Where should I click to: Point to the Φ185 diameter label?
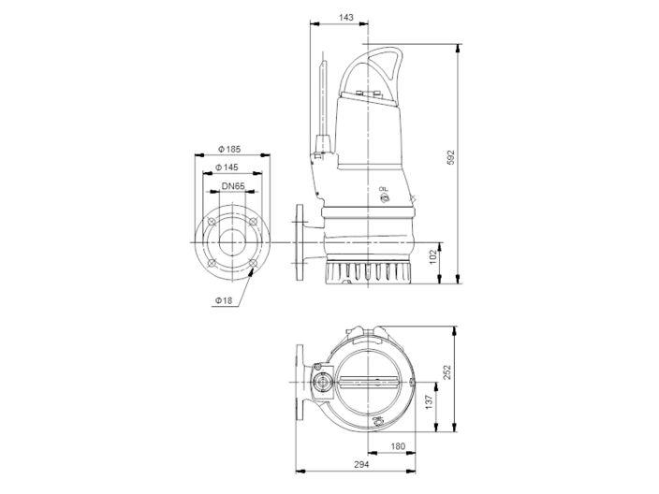click(228, 149)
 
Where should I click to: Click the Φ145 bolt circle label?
click(228, 167)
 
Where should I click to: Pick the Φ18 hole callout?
click(222, 299)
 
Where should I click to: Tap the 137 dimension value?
click(430, 401)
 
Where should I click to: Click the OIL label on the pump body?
click(383, 190)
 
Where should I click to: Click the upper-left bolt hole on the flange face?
click(212, 223)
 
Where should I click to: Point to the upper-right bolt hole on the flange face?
click(253, 223)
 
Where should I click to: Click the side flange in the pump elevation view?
click(300, 244)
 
